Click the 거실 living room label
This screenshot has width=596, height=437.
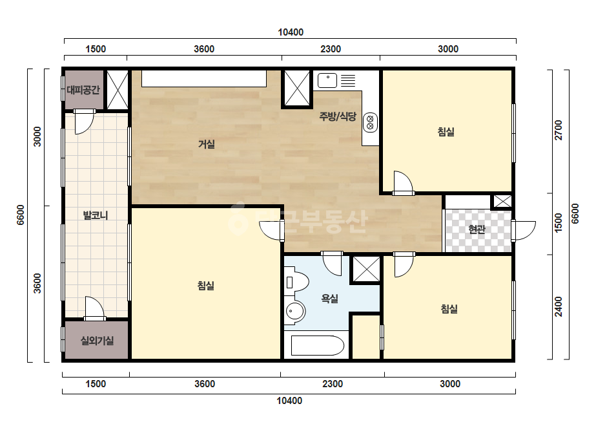[x=207, y=144]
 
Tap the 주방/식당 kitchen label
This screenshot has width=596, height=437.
[x=338, y=116]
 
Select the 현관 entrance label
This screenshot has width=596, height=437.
[x=477, y=229]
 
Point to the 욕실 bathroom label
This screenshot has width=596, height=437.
[x=329, y=299]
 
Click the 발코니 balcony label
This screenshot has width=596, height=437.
[x=96, y=215]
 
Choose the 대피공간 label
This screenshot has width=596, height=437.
[x=83, y=90]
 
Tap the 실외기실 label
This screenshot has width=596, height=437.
[x=97, y=340]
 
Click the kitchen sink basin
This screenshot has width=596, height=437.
[x=327, y=81]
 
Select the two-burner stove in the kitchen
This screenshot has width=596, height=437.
[x=370, y=123]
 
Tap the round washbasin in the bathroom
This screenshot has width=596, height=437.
[x=294, y=312]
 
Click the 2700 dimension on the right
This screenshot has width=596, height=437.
[x=558, y=130]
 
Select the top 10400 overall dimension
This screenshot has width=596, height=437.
[x=291, y=32]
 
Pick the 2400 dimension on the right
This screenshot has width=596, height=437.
[x=558, y=307]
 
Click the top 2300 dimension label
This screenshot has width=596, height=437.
[x=331, y=49]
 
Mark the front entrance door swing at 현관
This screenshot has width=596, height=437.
[x=524, y=231]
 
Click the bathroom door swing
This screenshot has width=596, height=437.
[x=332, y=263]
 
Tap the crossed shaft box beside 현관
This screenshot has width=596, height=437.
[x=502, y=202]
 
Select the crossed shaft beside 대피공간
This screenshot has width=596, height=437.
[x=117, y=90]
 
